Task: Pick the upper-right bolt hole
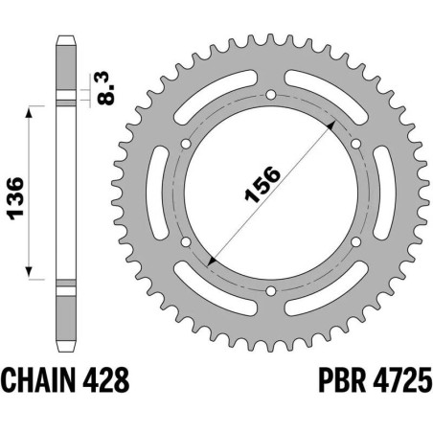click(355, 144)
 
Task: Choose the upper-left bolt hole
click(188, 144)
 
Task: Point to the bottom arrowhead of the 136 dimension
click(33, 272)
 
